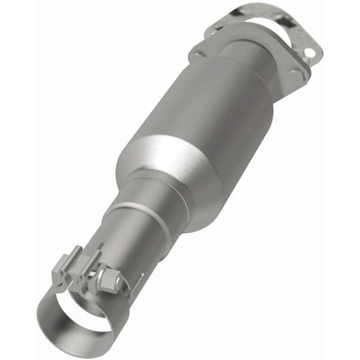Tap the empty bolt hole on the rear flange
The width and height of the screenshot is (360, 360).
pyautogui.click(x=309, y=53)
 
